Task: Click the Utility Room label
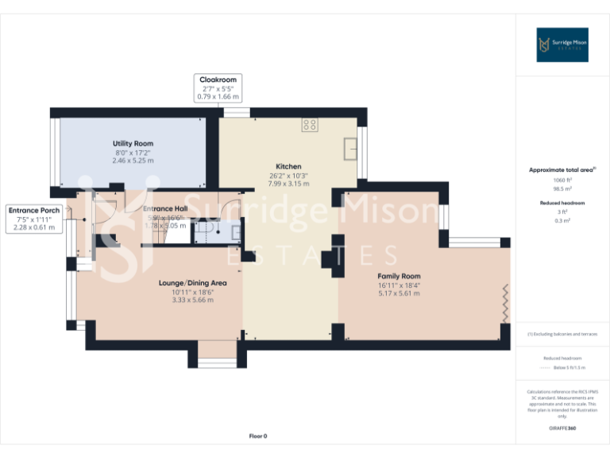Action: coord(133,144)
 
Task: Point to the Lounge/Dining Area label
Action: coord(193,283)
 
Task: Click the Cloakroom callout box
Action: coord(218,88)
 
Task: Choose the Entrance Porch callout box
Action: coord(34,219)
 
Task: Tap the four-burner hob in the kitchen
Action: coord(310,125)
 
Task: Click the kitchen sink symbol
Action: coord(349,148)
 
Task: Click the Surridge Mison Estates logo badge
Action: coord(562,45)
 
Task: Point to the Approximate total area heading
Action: coord(562,170)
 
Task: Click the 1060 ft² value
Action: coord(562,180)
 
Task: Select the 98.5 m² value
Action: coord(562,189)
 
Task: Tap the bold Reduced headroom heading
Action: coord(562,203)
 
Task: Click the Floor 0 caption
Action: coord(258,436)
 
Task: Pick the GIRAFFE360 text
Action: coord(562,429)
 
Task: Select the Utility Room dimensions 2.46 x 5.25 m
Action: coord(133,161)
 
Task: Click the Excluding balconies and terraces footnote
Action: coord(562,335)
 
